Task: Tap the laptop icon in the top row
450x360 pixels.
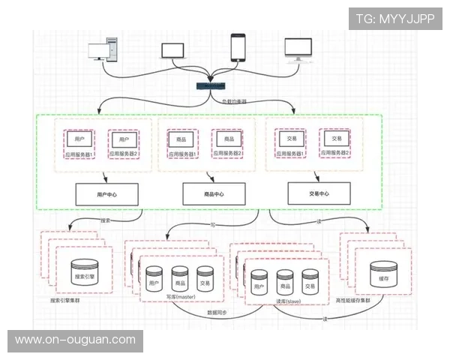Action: (x=173, y=51)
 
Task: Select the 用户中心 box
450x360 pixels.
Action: (x=106, y=194)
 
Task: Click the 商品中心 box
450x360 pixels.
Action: (x=214, y=194)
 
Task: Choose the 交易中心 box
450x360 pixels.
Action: (x=319, y=193)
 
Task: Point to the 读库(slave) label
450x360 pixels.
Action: (x=288, y=301)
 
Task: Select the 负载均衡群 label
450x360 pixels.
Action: (x=236, y=99)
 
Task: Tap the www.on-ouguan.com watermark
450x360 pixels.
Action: (x=75, y=340)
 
